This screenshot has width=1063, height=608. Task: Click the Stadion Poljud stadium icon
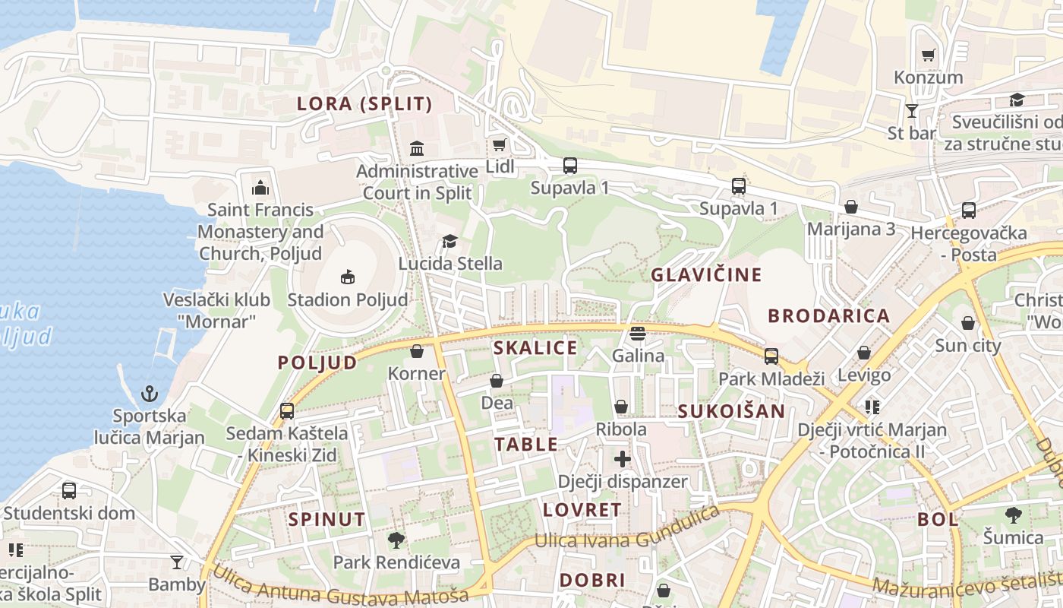click(x=347, y=277)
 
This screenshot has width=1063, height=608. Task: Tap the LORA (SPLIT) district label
click(x=364, y=104)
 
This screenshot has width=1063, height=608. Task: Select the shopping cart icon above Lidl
click(x=499, y=144)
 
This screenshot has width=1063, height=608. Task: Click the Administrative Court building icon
click(x=417, y=147)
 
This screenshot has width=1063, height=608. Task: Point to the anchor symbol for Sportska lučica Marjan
click(x=150, y=394)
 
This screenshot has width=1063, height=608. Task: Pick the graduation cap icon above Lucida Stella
click(x=449, y=242)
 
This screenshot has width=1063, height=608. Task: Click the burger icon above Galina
click(x=637, y=334)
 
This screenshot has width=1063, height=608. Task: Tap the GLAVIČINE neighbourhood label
click(x=706, y=275)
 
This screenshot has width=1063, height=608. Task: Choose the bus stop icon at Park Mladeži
click(x=771, y=356)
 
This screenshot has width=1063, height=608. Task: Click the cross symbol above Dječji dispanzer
click(x=623, y=459)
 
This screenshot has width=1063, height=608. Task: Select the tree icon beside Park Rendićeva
click(x=396, y=540)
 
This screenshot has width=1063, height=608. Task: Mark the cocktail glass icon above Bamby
click(x=177, y=562)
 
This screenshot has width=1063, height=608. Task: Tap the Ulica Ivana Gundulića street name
click(x=627, y=530)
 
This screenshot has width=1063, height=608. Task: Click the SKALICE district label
click(x=535, y=348)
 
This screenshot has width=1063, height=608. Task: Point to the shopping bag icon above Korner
click(x=416, y=351)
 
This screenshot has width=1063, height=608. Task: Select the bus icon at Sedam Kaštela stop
click(x=287, y=411)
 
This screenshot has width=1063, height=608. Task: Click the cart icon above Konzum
click(x=928, y=55)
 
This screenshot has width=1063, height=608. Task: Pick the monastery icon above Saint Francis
click(x=260, y=187)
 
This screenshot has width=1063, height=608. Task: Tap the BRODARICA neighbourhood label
click(x=828, y=316)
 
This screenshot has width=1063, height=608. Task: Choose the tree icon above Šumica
click(x=1013, y=515)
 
